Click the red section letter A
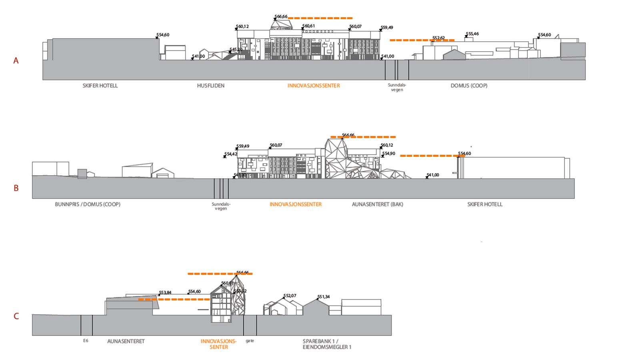tap(16, 60)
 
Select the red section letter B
tap(16, 188)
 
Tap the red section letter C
tap(16, 316)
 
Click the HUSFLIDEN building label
tap(211, 86)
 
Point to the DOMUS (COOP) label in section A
tap(469, 86)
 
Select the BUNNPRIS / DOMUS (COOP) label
tap(88, 204)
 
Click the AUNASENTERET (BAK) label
tap(378, 204)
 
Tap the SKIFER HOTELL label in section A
tap(100, 86)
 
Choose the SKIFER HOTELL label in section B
tap(485, 204)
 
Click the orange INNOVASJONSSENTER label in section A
tap(314, 86)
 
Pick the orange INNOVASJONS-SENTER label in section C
tap(219, 344)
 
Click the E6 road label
tap(86, 341)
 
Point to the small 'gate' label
tap(250, 341)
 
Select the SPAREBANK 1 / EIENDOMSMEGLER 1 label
tap(327, 344)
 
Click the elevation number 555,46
tap(472, 34)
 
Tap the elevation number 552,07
tap(290, 296)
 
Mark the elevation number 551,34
tap(324, 297)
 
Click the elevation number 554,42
tap(231, 154)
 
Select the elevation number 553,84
tap(165, 293)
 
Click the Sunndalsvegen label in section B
tap(221, 206)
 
